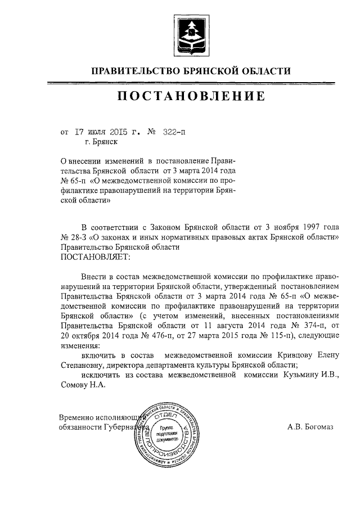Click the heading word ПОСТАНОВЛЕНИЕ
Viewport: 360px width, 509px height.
191,96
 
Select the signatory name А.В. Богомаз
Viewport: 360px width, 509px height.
310,427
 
